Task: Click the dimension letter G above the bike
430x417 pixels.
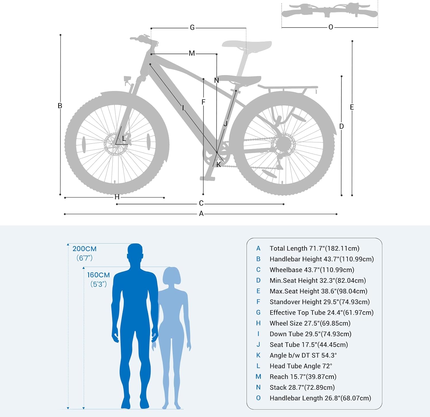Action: pos(192,28)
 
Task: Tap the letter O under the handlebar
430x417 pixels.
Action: pos(331,27)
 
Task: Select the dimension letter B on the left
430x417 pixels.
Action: pos(60,106)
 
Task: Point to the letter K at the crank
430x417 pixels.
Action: pos(219,165)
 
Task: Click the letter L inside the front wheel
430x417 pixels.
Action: pos(124,138)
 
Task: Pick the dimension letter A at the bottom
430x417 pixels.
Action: pos(201,214)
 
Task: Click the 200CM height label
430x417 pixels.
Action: pos(85,249)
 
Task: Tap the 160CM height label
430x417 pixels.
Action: pos(98,275)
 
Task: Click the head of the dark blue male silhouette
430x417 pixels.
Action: pos(135,252)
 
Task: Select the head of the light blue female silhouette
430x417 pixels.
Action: pos(171,276)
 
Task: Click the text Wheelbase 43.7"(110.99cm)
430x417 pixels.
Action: pos(312,270)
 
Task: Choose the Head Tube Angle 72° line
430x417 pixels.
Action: pos(301,366)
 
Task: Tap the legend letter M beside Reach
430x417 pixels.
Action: pos(258,377)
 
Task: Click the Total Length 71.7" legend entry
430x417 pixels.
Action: pos(314,248)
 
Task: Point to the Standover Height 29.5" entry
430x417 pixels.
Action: pos(320,302)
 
